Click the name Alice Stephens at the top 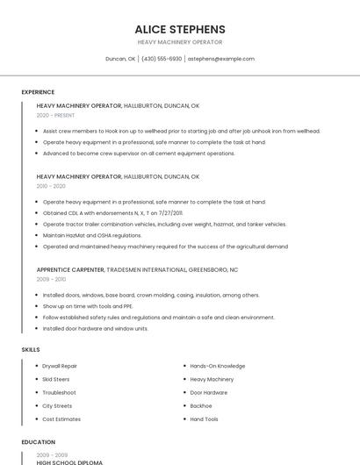tap(180, 29)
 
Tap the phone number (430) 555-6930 tap(162, 59)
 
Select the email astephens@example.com tap(221, 59)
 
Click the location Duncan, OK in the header tap(120, 59)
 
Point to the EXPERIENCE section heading tap(38, 92)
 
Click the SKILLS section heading tap(31, 350)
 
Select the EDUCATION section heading tap(39, 442)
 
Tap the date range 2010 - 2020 tap(51, 186)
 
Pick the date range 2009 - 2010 tap(51, 279)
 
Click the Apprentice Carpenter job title tap(70, 269)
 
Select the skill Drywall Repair tap(60, 366)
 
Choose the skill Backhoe tap(201, 406)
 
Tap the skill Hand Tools tap(205, 419)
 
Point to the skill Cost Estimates tap(61, 419)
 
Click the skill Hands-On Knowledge tap(217, 366)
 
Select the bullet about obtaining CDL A tap(112, 212)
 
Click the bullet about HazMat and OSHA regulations tap(92, 235)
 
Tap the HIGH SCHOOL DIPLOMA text tap(69, 461)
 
